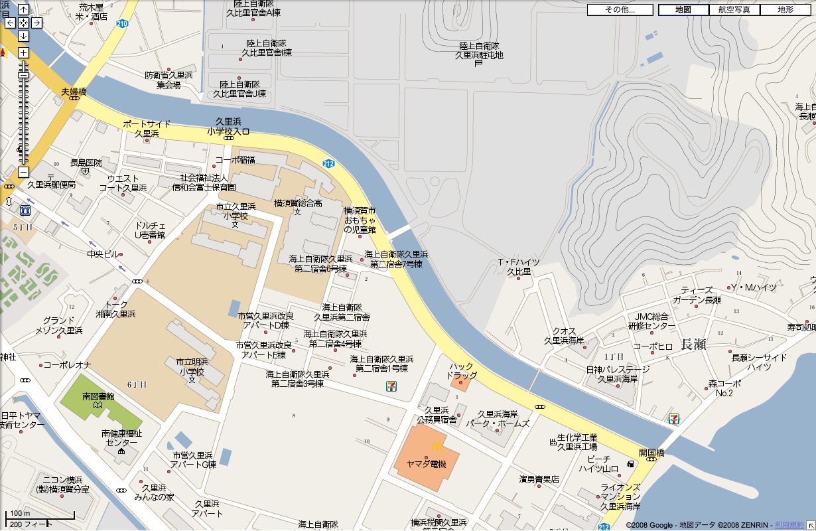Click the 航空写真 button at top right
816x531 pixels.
[734, 10]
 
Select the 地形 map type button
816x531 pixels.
[785, 10]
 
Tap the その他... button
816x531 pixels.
[620, 10]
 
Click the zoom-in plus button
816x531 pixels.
[23, 52]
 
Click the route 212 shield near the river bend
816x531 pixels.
[328, 163]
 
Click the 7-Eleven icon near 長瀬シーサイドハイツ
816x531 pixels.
[674, 418]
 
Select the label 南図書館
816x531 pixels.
[98, 396]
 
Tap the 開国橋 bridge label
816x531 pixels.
[651, 453]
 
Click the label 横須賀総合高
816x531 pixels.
[298, 203]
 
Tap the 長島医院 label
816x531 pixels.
[86, 163]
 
